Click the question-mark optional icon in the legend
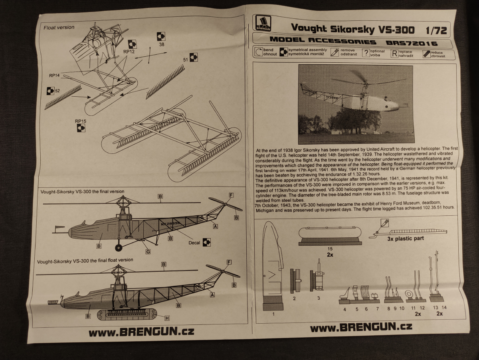(x=366, y=53)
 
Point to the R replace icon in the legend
(x=394, y=53)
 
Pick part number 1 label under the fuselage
(x=273, y=314)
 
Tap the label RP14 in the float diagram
(x=55, y=75)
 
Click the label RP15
(x=81, y=121)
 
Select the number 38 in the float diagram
(x=162, y=45)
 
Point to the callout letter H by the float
(x=167, y=318)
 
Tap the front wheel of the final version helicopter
(x=119, y=248)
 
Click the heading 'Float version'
(x=59, y=28)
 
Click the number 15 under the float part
(x=330, y=248)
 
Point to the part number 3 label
(x=318, y=298)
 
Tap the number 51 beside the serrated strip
(x=185, y=60)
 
